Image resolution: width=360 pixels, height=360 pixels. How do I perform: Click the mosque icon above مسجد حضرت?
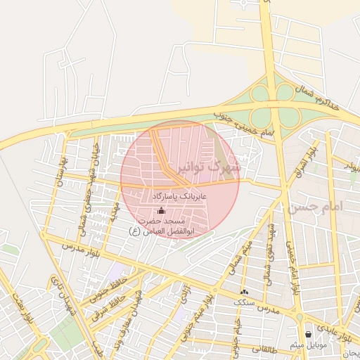point(161,210)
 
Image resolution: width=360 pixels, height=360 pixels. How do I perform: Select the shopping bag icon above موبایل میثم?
point(308,334)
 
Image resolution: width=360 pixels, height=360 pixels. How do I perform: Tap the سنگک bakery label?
point(245,302)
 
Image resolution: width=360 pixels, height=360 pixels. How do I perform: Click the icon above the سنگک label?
point(245,291)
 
